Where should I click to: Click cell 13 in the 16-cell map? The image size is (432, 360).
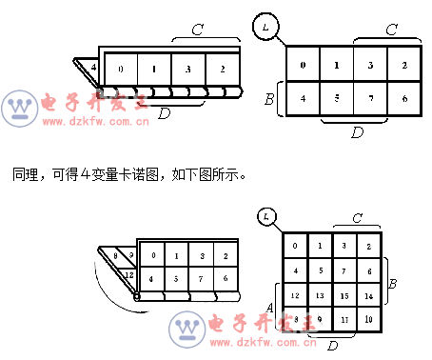click(319, 295)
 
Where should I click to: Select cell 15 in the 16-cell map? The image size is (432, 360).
click(344, 295)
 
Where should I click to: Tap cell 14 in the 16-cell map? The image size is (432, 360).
click(368, 295)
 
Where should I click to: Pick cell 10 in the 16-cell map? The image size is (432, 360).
click(368, 319)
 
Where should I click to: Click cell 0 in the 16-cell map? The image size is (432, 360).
click(295, 247)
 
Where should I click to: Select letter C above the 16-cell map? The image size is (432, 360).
click(356, 218)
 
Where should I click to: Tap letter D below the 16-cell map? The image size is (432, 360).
click(332, 345)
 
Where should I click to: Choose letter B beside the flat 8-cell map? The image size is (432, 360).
click(269, 98)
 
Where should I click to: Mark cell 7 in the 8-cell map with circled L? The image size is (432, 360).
click(370, 98)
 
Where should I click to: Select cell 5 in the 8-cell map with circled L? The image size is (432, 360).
click(337, 98)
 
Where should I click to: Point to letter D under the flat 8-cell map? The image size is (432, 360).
click(357, 132)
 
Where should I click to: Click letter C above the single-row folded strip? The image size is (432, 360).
click(197, 30)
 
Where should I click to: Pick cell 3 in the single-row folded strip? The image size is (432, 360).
click(187, 70)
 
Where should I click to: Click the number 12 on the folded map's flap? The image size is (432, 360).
click(128, 273)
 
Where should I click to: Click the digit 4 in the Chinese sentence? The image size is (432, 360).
click(85, 175)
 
